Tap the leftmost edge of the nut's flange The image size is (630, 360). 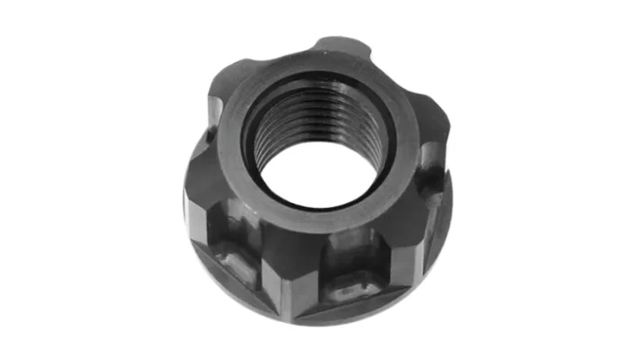coord(186,207)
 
